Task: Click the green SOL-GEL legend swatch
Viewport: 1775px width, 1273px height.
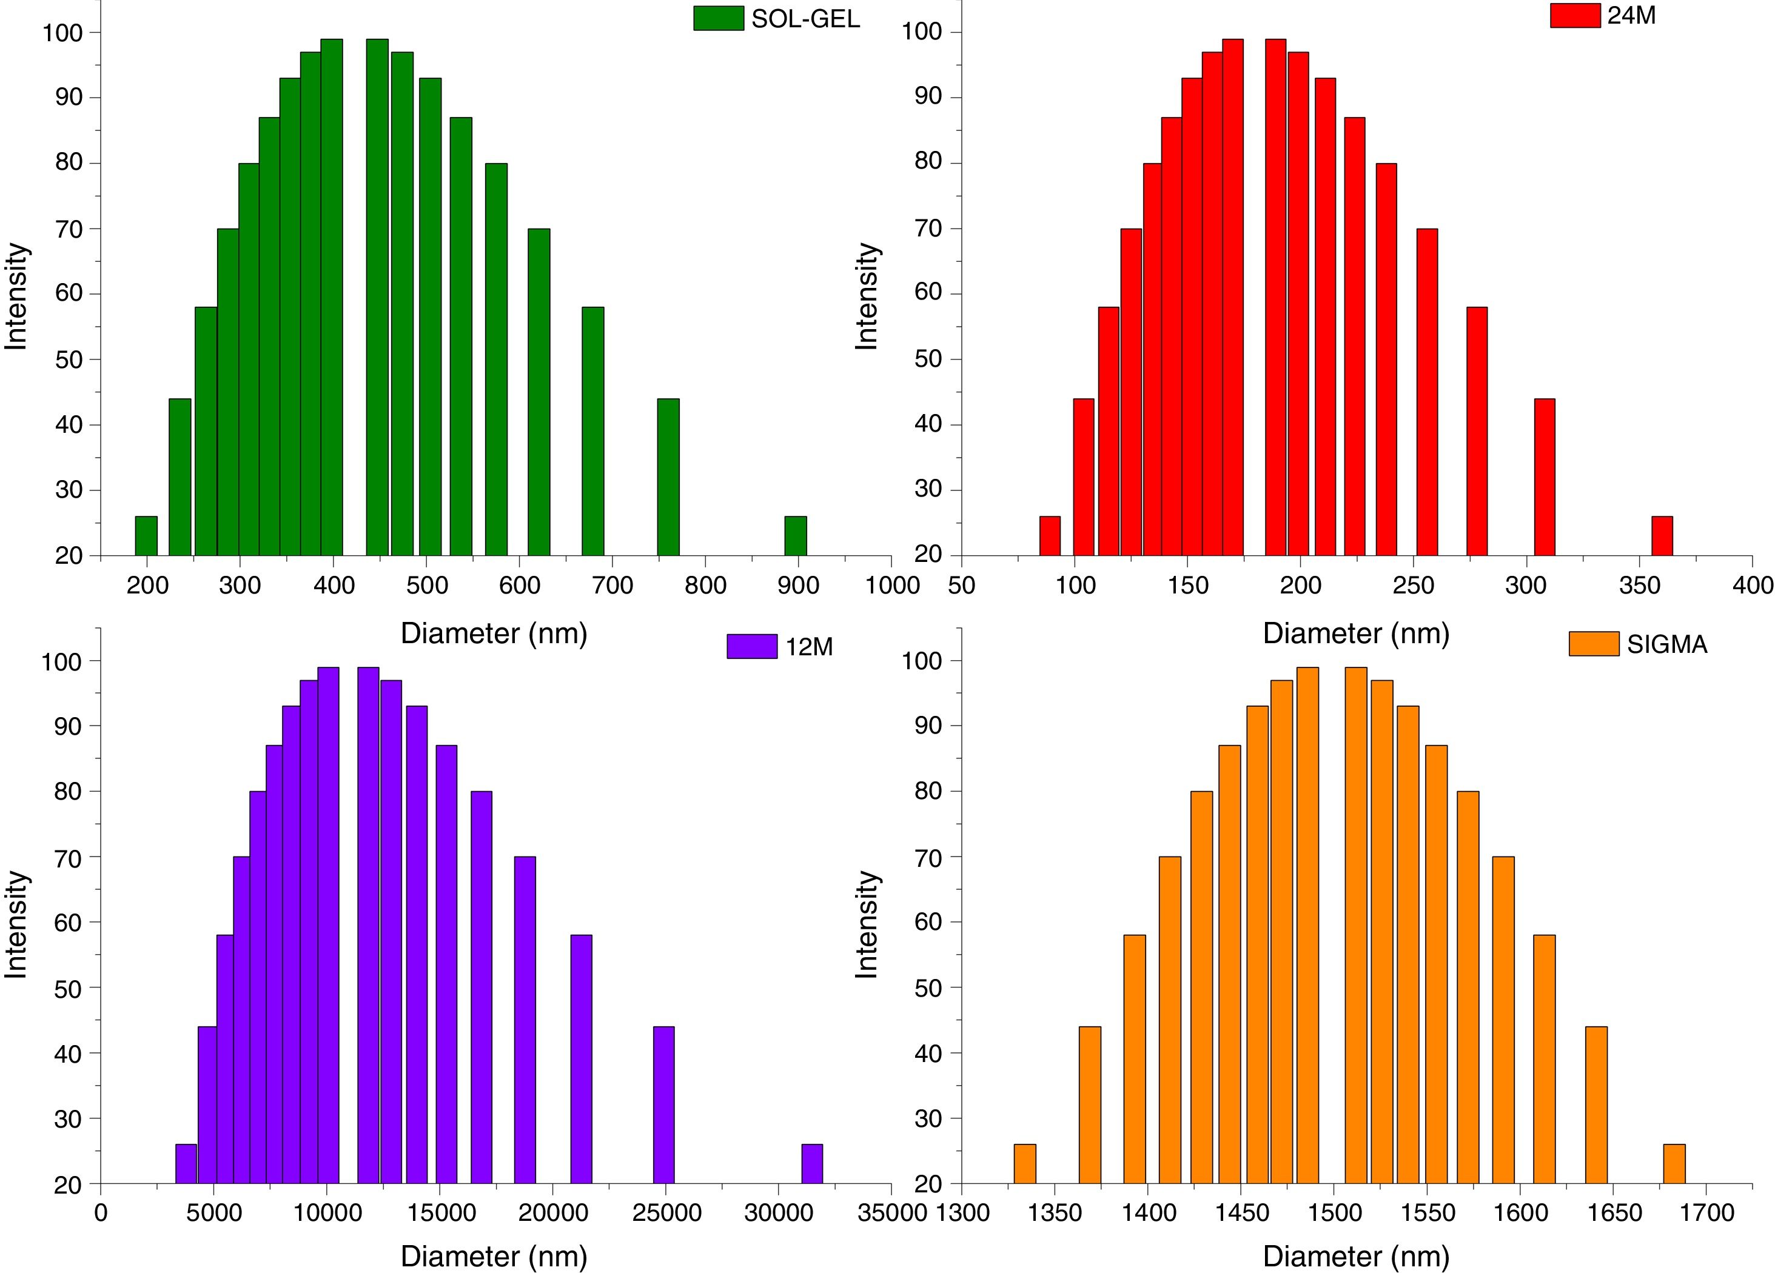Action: pyautogui.click(x=717, y=18)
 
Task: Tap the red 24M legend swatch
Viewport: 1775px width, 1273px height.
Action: pyautogui.click(x=1575, y=16)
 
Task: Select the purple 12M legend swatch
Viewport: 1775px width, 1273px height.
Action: pyautogui.click(x=751, y=646)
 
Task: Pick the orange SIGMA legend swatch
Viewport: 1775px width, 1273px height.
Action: pyautogui.click(x=1594, y=644)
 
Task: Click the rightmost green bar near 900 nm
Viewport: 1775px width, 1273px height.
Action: pyautogui.click(x=795, y=536)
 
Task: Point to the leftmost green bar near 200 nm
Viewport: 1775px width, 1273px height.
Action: pyautogui.click(x=146, y=536)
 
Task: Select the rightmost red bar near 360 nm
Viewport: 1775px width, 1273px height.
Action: pyautogui.click(x=1662, y=536)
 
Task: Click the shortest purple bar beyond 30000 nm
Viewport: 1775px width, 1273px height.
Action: pyautogui.click(x=811, y=1163)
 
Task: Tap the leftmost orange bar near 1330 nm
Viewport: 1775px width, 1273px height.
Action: pyautogui.click(x=1024, y=1163)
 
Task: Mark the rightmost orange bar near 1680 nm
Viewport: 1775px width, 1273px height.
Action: pyautogui.click(x=1674, y=1163)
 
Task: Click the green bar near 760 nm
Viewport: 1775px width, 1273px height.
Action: pyautogui.click(x=668, y=477)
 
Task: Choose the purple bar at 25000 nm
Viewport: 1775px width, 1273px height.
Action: pyautogui.click(x=663, y=1104)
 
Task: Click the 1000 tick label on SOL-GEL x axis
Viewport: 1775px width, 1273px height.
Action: pyautogui.click(x=892, y=585)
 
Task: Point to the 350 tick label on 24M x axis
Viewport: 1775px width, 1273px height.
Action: pyautogui.click(x=1639, y=585)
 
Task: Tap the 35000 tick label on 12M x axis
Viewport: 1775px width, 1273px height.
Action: pyautogui.click(x=892, y=1214)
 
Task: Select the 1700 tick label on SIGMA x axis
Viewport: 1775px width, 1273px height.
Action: pyautogui.click(x=1707, y=1214)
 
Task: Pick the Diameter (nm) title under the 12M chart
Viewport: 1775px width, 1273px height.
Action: pyautogui.click(x=494, y=1257)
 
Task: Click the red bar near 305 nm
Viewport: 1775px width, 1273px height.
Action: pyautogui.click(x=1544, y=477)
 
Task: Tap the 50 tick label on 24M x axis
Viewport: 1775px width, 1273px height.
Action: pyautogui.click(x=962, y=585)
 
